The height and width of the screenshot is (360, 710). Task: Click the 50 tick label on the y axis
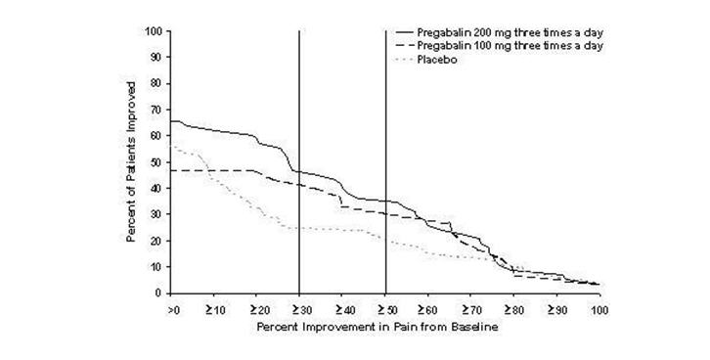pos(155,161)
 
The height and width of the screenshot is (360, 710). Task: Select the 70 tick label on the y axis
pos(155,110)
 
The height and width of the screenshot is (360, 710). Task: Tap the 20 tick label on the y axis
pos(155,241)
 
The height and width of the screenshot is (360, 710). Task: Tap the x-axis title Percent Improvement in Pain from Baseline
pos(380,325)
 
